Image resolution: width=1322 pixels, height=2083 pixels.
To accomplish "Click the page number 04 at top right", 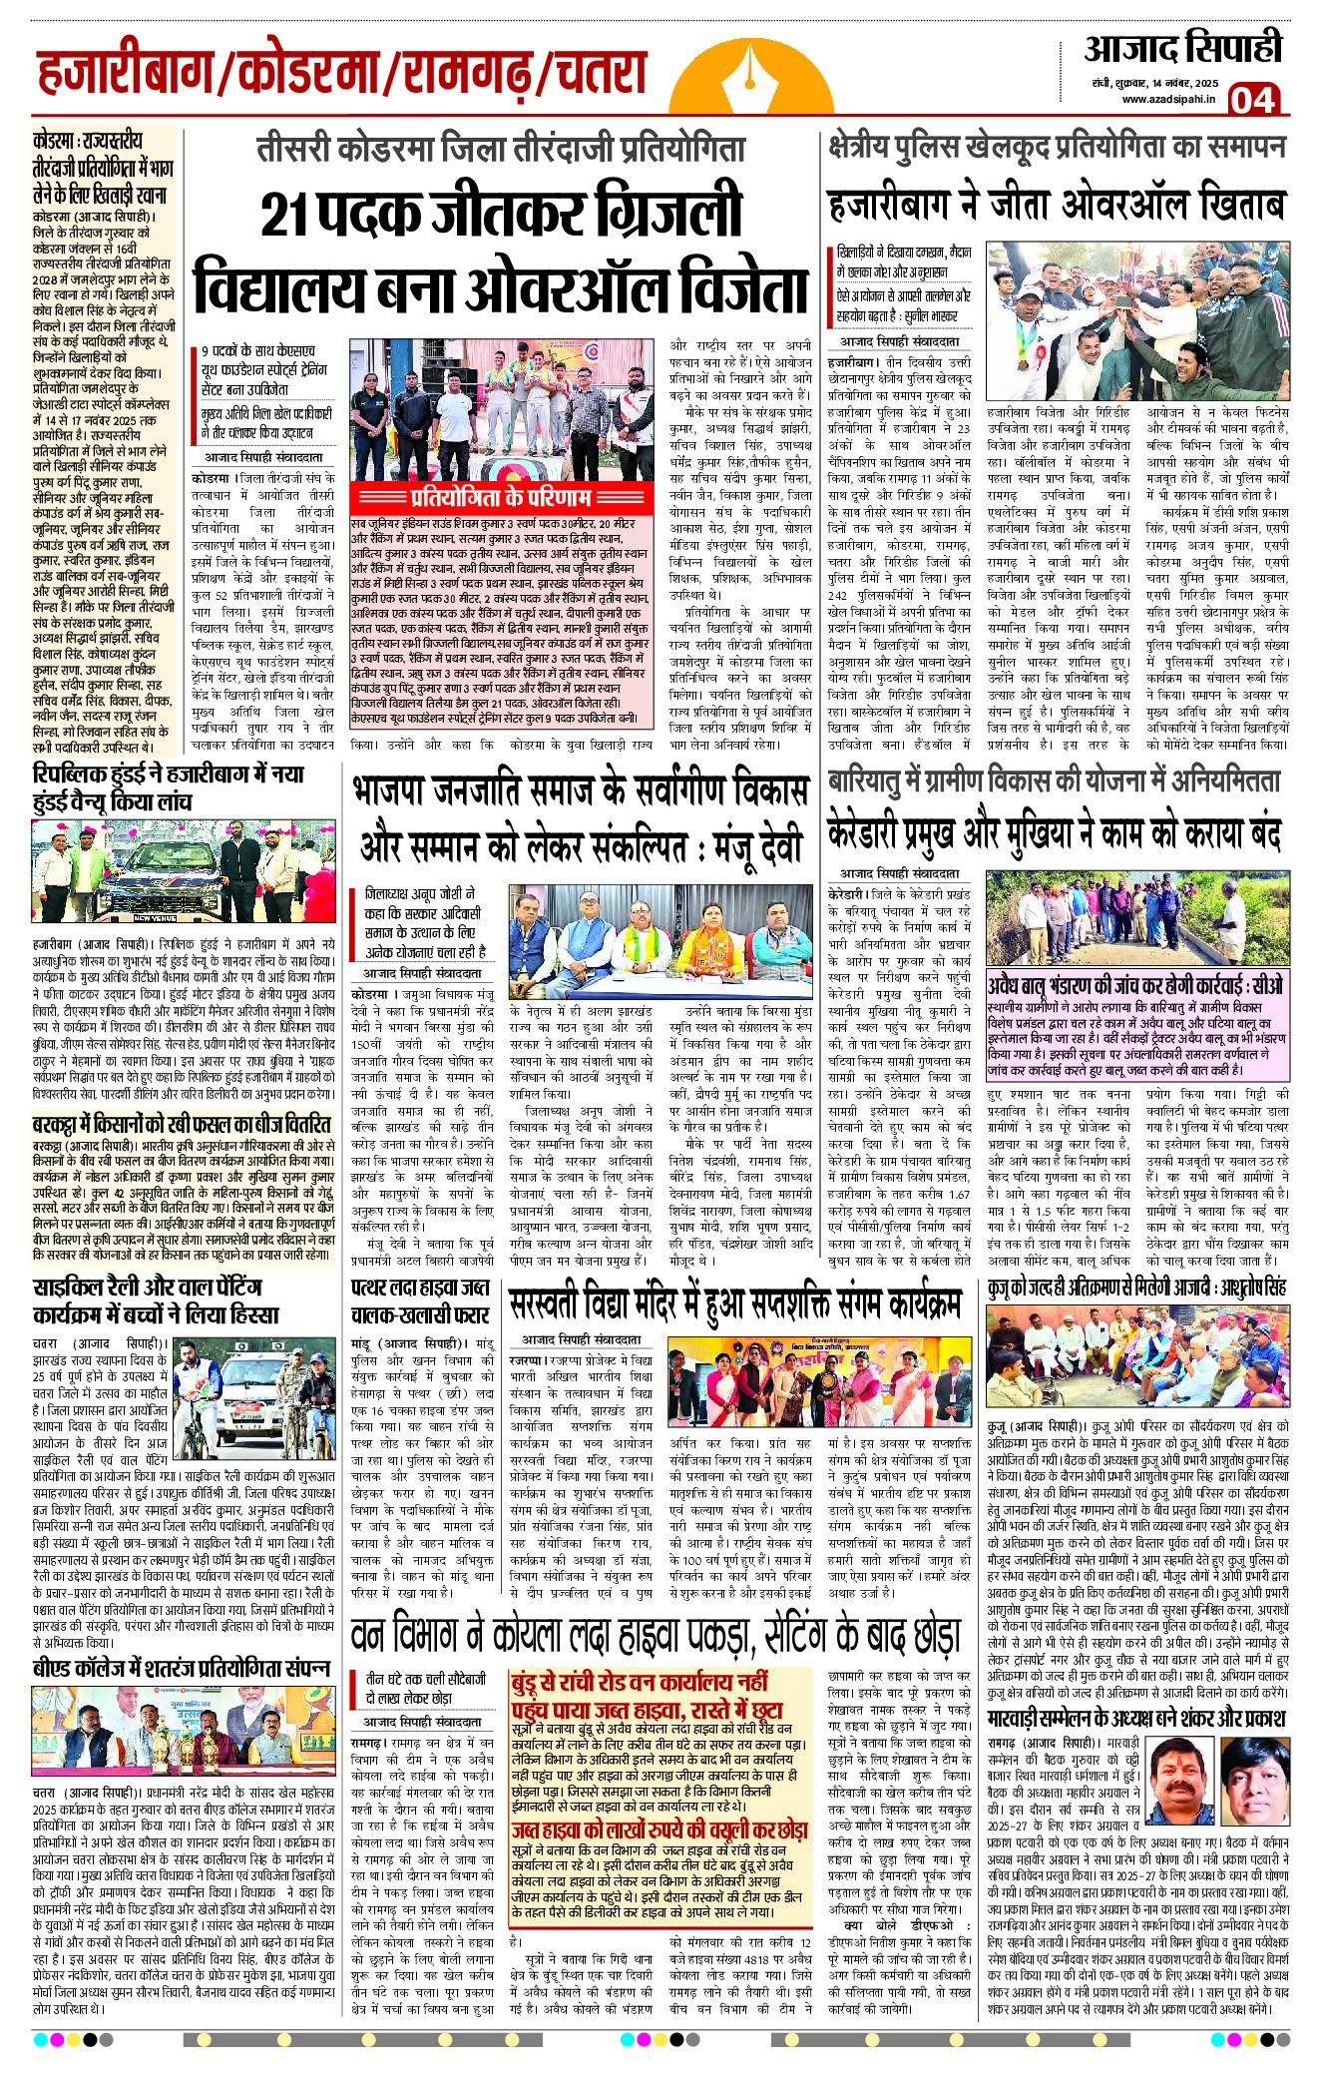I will coord(1252,99).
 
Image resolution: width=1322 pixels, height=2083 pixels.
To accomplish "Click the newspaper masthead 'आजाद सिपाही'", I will coord(1182,49).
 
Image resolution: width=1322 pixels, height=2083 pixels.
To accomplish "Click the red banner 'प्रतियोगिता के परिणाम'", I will coord(501,497).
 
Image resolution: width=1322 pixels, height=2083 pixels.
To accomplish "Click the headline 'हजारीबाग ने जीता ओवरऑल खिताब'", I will coord(1057,205).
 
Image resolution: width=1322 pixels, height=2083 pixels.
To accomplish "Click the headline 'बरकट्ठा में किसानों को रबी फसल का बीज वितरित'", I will coord(182,1124).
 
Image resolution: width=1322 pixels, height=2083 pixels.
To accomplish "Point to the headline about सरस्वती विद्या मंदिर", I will coord(735,1302).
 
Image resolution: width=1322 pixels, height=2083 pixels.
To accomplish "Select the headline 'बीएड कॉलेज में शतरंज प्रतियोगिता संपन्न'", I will coord(182,1668).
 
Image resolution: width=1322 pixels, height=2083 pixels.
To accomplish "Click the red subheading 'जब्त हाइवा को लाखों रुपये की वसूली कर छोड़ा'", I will coord(659,1830).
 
